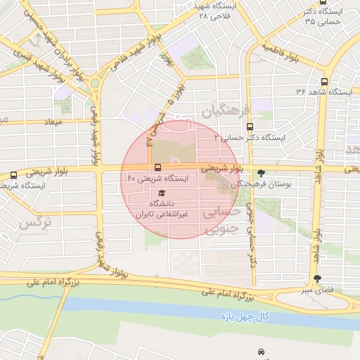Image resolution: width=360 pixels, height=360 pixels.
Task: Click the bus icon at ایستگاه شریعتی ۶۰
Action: pos(157,168)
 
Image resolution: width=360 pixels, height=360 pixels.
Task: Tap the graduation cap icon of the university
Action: pos(162,193)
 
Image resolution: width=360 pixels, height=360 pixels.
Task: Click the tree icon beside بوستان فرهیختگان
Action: pos(262,173)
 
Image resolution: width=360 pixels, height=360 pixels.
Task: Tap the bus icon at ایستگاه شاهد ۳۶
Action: pos(323,81)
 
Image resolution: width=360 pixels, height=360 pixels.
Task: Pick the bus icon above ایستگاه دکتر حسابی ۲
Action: pos(251,127)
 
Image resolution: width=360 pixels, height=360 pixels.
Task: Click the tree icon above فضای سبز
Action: pos(316,278)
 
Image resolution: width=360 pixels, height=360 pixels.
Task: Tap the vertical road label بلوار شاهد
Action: pos(318,219)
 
